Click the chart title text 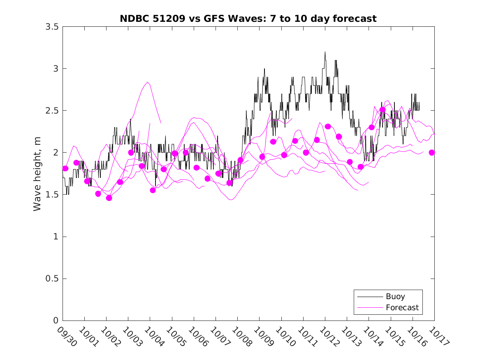click(248, 19)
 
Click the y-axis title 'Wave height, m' click(37, 174)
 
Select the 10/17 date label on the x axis click(439, 337)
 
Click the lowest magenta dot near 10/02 click(109, 198)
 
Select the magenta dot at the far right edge click(432, 153)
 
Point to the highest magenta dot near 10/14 click(383, 110)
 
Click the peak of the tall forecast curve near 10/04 click(148, 82)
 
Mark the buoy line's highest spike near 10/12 click(325, 52)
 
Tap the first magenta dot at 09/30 click(65, 168)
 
